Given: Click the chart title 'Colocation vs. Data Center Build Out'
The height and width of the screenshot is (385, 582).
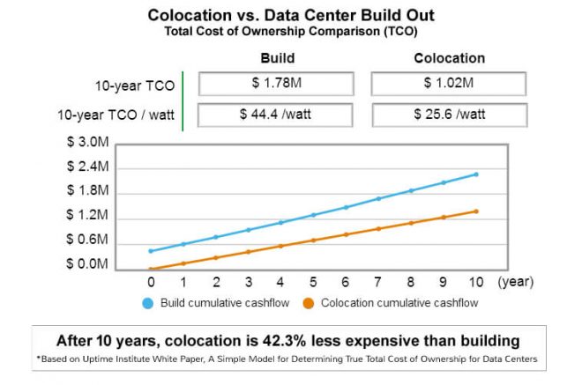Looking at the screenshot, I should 290,15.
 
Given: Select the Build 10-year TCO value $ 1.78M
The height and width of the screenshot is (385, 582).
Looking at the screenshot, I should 277,84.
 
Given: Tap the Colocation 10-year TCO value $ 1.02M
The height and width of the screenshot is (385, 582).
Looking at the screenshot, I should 449,84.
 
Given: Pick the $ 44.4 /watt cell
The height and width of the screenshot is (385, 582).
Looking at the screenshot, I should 277,115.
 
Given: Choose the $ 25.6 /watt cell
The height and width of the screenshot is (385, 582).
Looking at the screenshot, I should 449,115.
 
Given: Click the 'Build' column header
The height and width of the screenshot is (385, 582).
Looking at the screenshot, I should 277,58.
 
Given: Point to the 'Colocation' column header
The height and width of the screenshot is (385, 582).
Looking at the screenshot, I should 449,58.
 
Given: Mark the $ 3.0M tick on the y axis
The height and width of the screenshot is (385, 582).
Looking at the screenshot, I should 87,142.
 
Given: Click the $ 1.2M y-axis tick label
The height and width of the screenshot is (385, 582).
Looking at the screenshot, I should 87,215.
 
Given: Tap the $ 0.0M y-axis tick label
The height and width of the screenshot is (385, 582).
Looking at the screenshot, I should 87,264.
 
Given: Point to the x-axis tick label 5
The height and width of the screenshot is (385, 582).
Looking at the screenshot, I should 313,283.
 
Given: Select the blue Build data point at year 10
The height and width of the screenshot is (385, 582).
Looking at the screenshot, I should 476,174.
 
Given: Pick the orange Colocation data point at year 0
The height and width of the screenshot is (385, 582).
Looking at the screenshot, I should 151,270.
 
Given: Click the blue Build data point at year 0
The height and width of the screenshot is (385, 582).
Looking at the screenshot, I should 151,251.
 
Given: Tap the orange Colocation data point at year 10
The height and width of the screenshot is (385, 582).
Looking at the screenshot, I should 476,211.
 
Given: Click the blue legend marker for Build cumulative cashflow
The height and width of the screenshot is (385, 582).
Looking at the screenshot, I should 148,304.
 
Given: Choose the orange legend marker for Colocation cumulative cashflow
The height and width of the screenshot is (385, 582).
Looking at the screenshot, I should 309,304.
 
